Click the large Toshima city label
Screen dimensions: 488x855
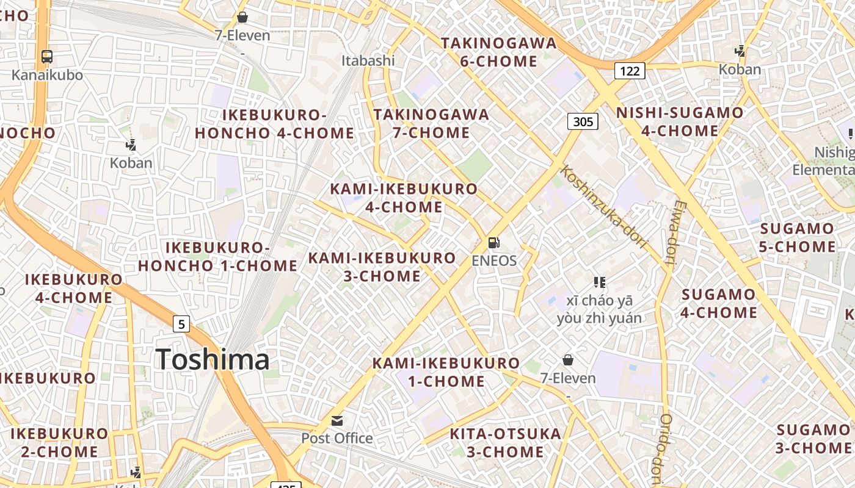click(212, 359)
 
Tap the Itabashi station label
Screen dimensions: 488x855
click(368, 60)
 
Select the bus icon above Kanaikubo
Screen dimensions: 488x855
click(47, 57)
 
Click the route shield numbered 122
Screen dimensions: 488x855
click(630, 71)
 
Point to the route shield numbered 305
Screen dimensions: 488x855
click(583, 121)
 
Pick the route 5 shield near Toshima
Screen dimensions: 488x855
click(181, 324)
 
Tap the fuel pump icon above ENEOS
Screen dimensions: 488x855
click(493, 243)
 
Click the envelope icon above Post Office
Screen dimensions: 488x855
click(337, 420)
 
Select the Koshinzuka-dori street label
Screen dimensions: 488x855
click(603, 207)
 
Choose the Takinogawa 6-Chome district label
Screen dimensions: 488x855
click(499, 52)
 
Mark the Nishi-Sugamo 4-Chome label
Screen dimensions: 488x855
click(680, 121)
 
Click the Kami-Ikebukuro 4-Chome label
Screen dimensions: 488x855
click(404, 198)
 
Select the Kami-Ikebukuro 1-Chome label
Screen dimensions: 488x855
click(446, 372)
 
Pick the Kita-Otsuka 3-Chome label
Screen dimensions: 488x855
click(505, 443)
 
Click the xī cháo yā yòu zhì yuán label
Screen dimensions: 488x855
click(599, 309)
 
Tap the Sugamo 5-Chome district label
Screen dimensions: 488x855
click(798, 237)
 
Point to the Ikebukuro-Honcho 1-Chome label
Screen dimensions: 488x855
click(218, 256)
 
